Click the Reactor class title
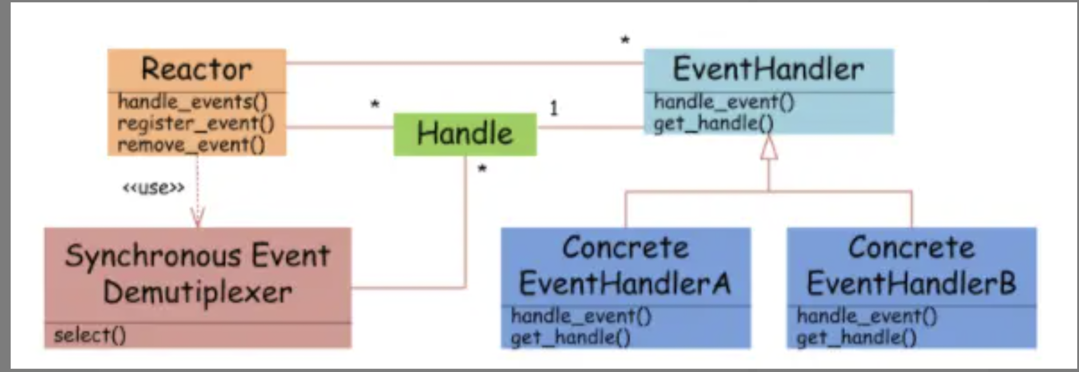(x=196, y=70)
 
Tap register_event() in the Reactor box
(x=196, y=123)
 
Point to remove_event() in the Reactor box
(x=191, y=145)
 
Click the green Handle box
(x=465, y=134)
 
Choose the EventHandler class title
(x=768, y=70)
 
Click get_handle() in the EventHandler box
(x=713, y=123)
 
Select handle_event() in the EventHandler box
(x=723, y=102)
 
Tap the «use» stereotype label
(x=153, y=188)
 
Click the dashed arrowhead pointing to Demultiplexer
(x=198, y=218)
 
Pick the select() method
(x=90, y=335)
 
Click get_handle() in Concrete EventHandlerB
(x=856, y=338)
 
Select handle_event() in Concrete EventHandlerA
(x=581, y=316)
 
